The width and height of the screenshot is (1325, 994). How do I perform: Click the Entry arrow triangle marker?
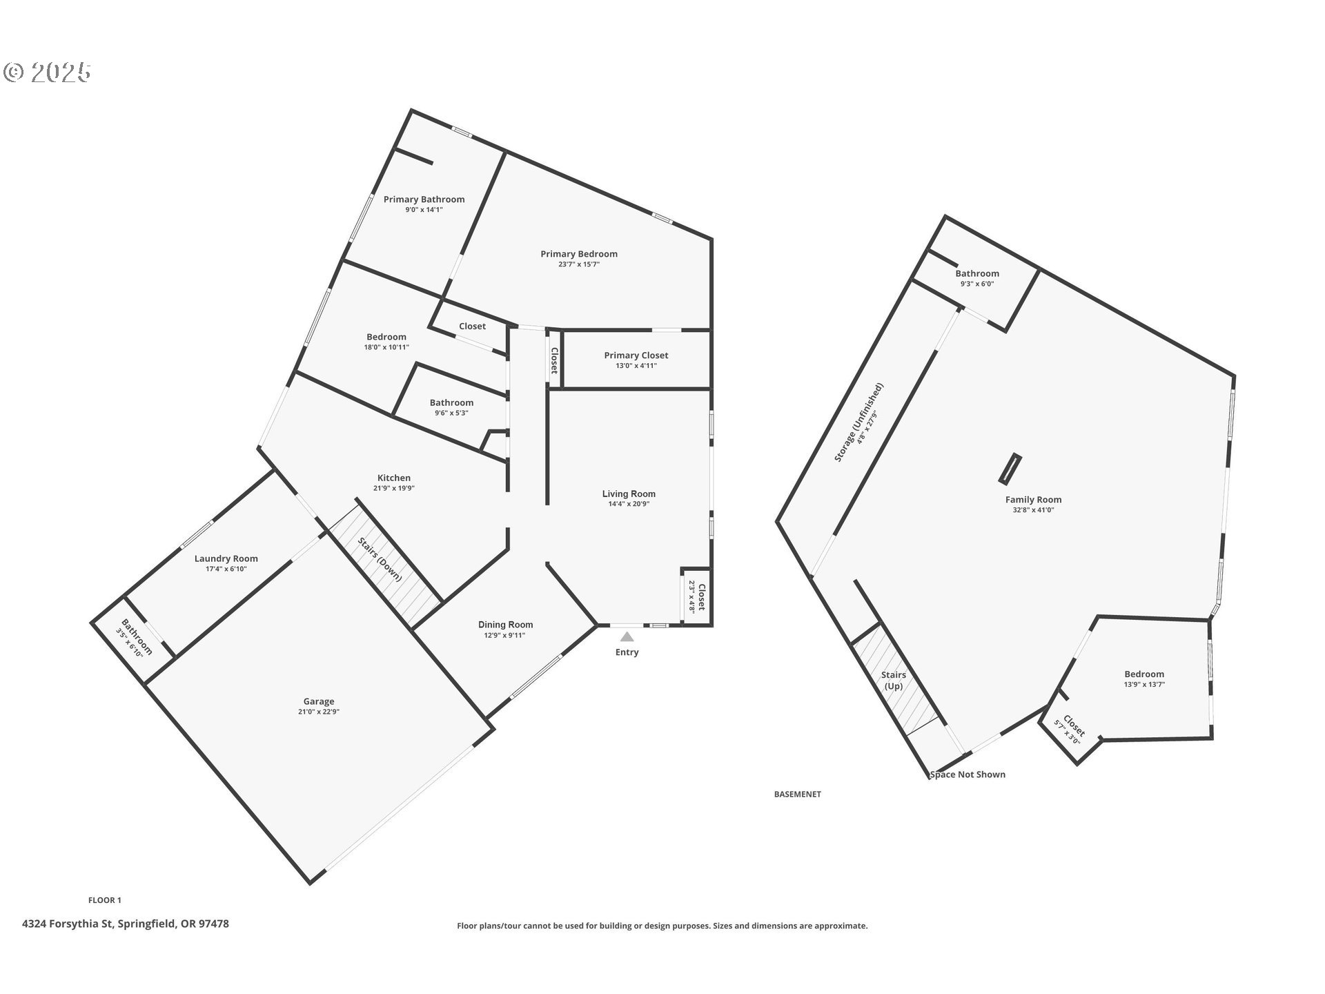(x=627, y=636)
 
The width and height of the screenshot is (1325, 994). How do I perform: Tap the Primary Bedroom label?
(x=579, y=254)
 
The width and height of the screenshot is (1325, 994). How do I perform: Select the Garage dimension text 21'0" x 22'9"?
(x=319, y=712)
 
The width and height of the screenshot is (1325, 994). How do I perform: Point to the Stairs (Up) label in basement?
(x=894, y=681)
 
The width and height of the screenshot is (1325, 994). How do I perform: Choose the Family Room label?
(x=1033, y=500)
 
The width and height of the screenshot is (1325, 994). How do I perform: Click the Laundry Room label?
(x=226, y=559)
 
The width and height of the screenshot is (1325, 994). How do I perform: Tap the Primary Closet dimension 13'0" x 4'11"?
(x=636, y=366)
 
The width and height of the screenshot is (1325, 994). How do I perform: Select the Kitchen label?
(x=394, y=478)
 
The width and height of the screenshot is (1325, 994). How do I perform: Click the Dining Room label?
(x=506, y=625)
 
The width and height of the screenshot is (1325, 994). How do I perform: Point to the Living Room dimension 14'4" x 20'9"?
(x=629, y=504)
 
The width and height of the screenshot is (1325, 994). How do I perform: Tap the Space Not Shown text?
(x=968, y=774)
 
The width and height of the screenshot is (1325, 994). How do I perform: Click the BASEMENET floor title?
(x=798, y=795)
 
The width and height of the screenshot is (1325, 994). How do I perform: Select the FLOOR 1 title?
(x=105, y=900)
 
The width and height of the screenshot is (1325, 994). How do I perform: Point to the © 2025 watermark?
(x=47, y=72)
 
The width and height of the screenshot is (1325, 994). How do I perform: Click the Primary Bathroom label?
(x=424, y=199)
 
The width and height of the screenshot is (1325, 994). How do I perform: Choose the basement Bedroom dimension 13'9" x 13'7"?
(x=1144, y=685)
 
